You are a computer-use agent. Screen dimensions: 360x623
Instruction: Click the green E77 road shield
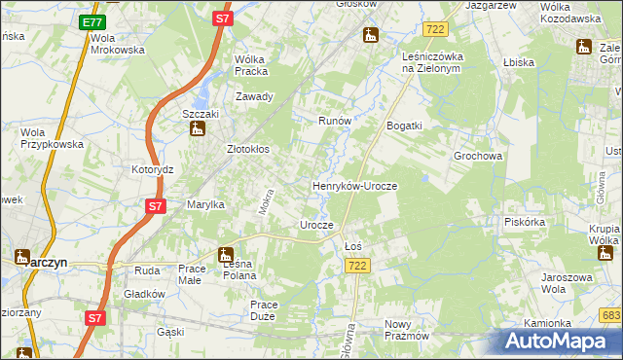[x=92, y=22]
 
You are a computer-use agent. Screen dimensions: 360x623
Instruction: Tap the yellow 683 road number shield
[x=610, y=315]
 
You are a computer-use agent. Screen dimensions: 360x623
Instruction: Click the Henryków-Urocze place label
[x=354, y=185]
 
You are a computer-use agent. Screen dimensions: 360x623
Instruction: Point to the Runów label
[x=335, y=121]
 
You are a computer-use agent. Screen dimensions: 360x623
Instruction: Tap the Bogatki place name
[x=404, y=126]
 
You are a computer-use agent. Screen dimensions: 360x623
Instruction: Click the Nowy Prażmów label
[x=407, y=330]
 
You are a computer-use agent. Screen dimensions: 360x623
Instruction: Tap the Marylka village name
[x=206, y=204]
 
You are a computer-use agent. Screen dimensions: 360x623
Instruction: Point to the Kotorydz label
[x=152, y=168]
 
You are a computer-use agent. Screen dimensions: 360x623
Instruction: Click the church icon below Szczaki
[x=196, y=130]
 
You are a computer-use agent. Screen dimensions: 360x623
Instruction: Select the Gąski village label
[x=170, y=332]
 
